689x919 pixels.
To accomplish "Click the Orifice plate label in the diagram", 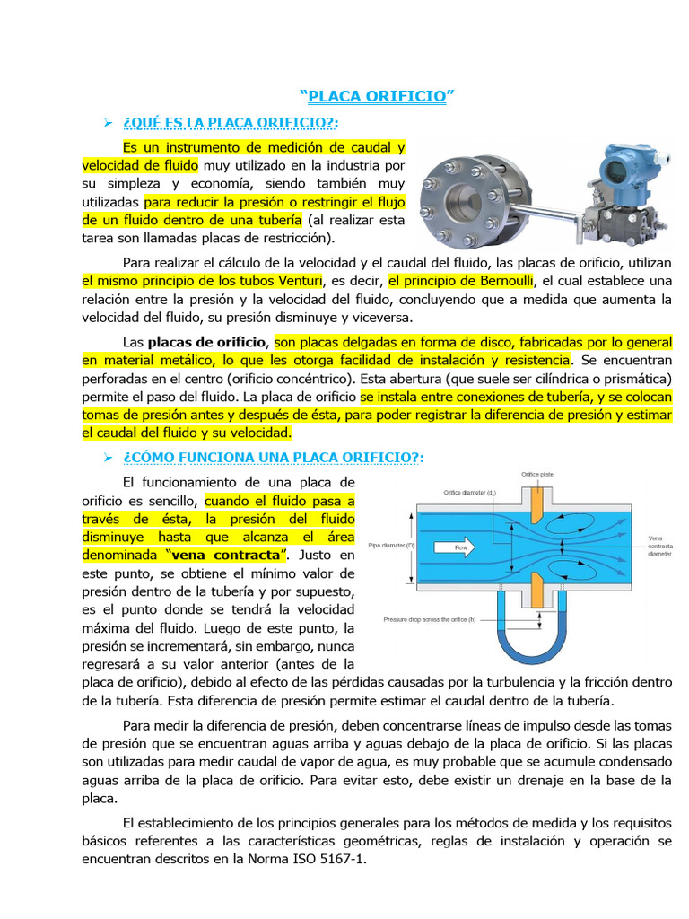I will pyautogui.click(x=536, y=474).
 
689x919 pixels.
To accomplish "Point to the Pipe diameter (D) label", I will pyautogui.click(x=390, y=545).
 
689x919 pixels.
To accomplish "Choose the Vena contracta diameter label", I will pyautogui.click(x=660, y=546).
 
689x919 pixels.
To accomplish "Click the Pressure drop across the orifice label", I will pyautogui.click(x=430, y=619).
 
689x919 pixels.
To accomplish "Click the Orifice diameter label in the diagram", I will pyautogui.click(x=471, y=492).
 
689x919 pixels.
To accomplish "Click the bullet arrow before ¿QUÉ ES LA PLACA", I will pyautogui.click(x=108, y=122).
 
